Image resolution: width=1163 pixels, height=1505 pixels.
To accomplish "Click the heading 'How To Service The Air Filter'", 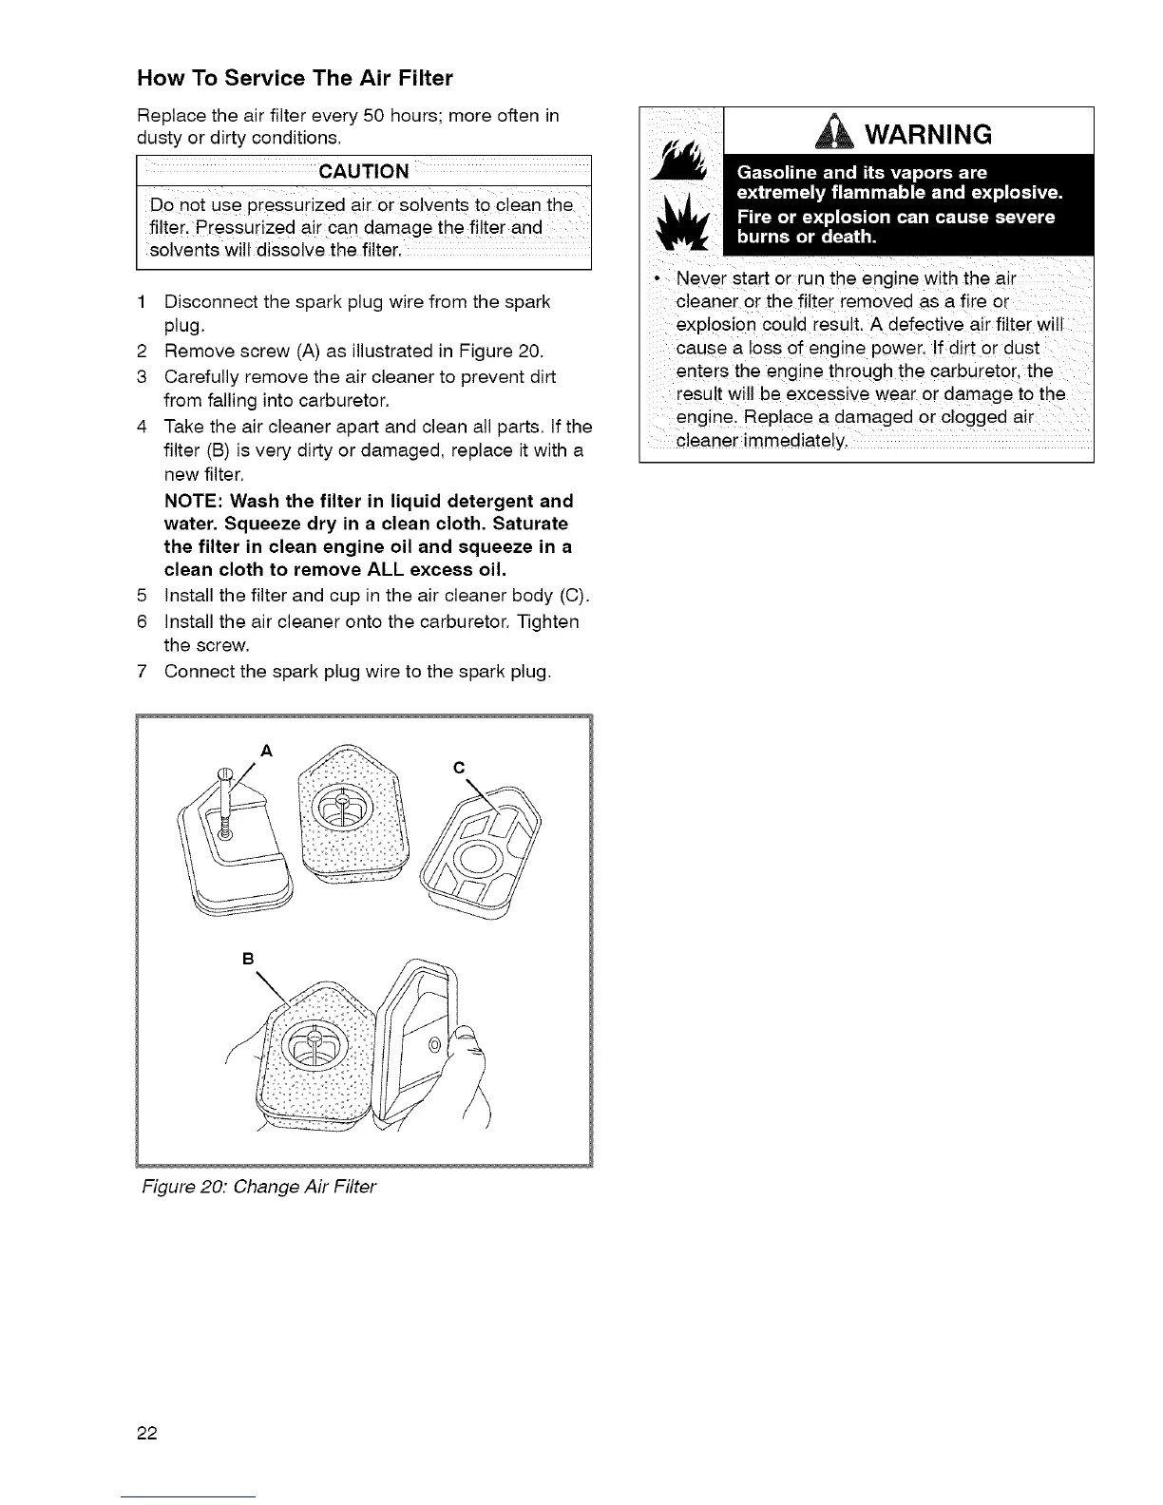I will pos(295,77).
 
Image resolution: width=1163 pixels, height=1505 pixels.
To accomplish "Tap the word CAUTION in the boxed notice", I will pos(364,171).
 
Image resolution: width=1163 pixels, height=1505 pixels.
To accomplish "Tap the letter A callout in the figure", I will pos(266,750).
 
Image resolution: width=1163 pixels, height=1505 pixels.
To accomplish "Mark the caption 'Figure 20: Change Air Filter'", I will pos(257,1187).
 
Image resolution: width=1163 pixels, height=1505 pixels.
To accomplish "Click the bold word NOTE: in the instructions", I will pos(195,501).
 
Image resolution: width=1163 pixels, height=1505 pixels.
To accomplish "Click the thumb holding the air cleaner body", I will pos(465,1045).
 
